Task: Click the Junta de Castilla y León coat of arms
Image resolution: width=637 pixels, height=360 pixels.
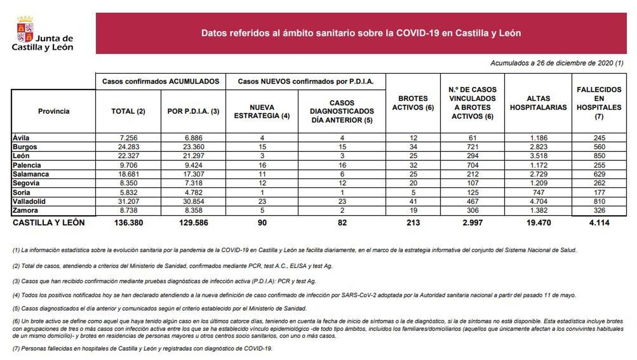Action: (25, 29)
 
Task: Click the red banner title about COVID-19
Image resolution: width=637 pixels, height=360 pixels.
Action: (361, 33)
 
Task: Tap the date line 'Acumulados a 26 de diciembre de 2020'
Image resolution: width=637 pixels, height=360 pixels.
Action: (557, 63)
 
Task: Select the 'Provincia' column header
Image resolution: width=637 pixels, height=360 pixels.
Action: (54, 111)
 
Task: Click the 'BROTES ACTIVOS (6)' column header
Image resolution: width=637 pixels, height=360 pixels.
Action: (413, 103)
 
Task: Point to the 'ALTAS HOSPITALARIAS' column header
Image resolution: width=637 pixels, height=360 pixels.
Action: (538, 103)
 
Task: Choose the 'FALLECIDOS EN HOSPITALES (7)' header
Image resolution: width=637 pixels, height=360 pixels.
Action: (599, 103)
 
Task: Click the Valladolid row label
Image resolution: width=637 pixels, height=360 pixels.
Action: (29, 202)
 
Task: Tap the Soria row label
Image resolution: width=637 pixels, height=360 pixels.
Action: (21, 192)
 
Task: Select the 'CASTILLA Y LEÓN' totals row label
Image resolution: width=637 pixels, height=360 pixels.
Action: (49, 223)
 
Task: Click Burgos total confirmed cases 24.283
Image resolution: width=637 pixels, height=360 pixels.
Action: (128, 147)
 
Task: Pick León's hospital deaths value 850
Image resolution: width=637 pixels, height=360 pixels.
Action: (599, 156)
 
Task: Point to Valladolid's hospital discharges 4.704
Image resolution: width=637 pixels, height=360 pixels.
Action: (538, 202)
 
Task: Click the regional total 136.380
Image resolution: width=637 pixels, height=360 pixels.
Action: (128, 223)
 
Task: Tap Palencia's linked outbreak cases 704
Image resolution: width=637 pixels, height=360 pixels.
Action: (472, 165)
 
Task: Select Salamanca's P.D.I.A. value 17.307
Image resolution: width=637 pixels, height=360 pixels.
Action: (193, 174)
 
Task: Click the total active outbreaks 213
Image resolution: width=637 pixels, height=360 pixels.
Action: (413, 223)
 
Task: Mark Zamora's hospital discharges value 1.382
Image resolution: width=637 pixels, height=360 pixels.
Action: (538, 210)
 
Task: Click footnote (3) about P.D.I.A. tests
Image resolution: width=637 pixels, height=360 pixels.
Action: (164, 281)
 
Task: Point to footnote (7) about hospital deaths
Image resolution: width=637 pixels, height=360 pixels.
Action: (143, 348)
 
